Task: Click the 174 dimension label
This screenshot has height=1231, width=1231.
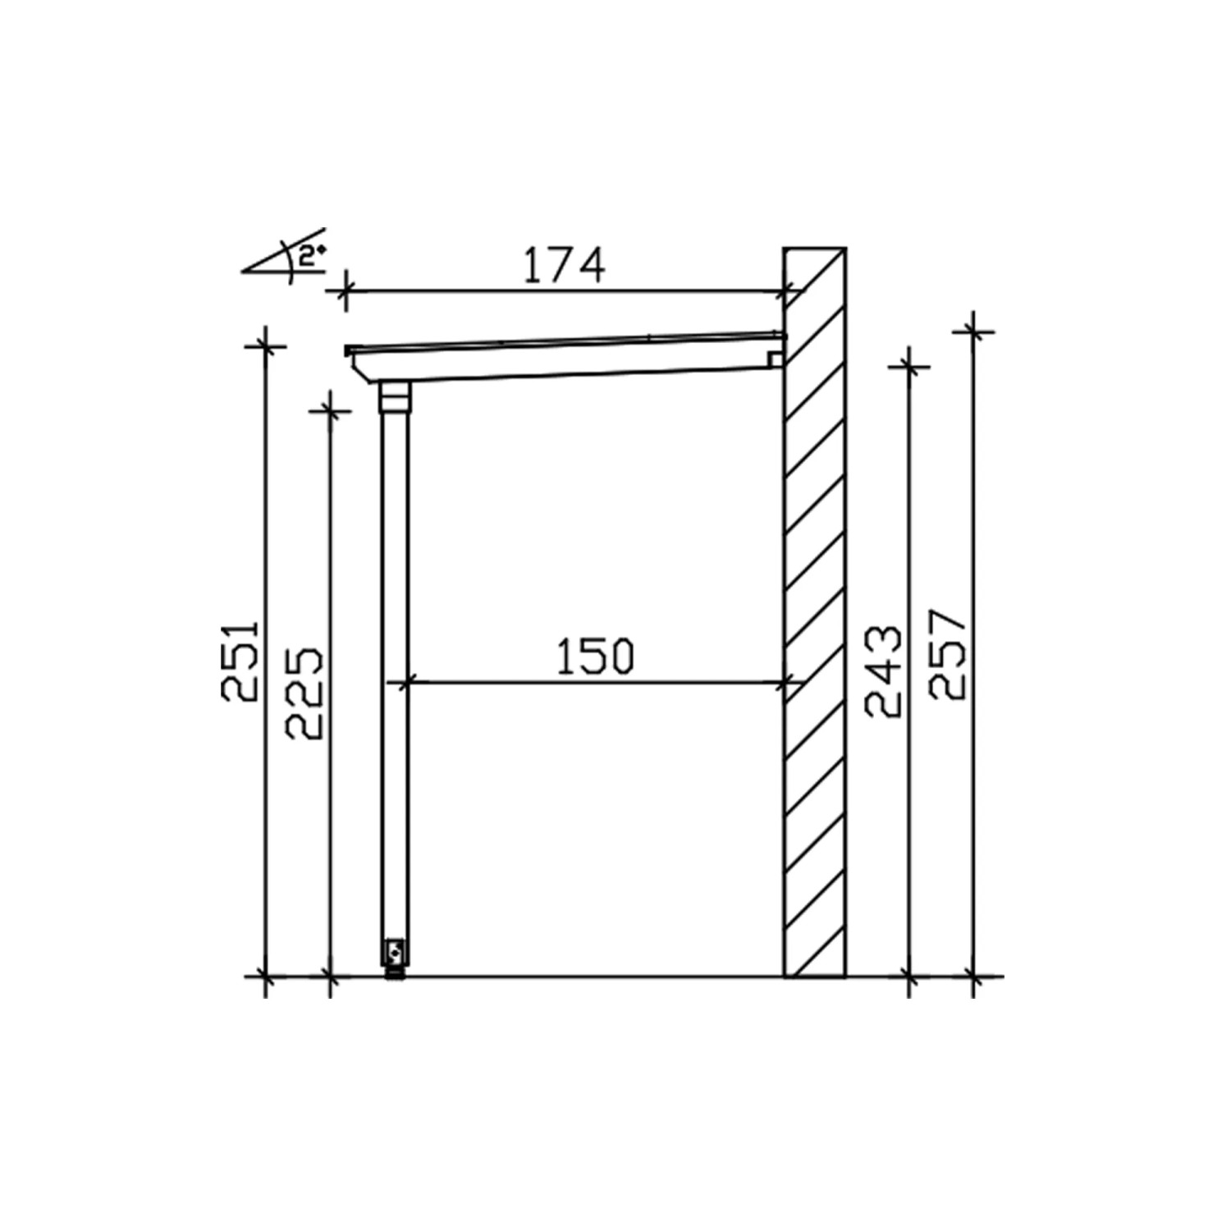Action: pyautogui.click(x=564, y=264)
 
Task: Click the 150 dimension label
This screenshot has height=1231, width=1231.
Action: pyautogui.click(x=596, y=657)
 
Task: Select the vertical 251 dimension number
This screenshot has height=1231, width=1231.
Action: pyautogui.click(x=241, y=661)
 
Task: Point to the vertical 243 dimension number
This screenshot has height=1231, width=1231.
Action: pyautogui.click(x=884, y=673)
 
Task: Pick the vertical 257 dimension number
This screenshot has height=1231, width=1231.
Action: pyautogui.click(x=950, y=654)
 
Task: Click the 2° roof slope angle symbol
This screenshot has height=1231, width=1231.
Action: pyautogui.click(x=286, y=257)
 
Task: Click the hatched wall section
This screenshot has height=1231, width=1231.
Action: pyautogui.click(x=815, y=612)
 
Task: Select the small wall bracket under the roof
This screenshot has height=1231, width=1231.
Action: pyautogui.click(x=776, y=359)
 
